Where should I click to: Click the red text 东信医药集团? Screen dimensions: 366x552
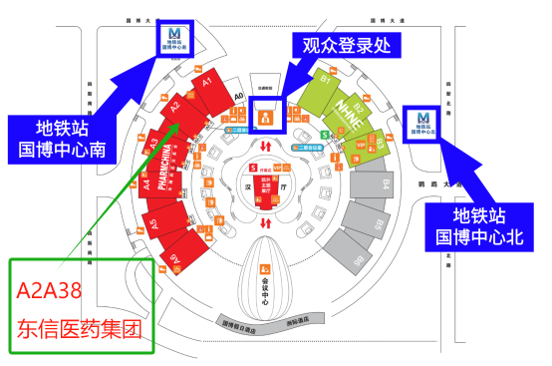(81, 327)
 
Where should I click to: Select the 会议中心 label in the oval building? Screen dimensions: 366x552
(267, 288)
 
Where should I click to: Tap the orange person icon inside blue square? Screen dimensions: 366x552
(267, 118)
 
